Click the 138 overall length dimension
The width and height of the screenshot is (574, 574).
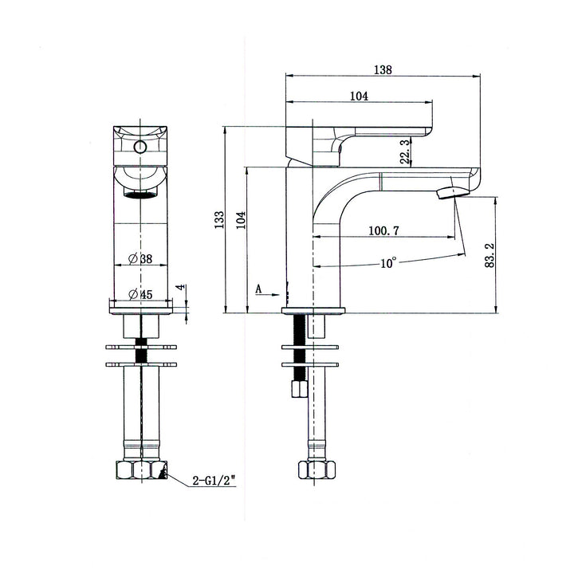click(x=383, y=69)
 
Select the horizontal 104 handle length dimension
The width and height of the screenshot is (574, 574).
click(x=358, y=96)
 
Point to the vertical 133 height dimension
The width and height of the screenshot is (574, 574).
click(x=218, y=219)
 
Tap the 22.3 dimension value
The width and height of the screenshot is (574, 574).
click(x=405, y=151)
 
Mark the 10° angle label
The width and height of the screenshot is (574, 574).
click(x=388, y=262)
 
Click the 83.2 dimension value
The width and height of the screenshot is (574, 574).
click(x=489, y=256)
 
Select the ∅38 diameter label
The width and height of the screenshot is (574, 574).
click(x=140, y=258)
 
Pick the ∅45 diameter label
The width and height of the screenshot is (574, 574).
click(x=140, y=293)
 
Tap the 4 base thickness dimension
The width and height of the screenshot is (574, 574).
click(x=180, y=287)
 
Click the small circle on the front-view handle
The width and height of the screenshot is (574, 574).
click(x=140, y=147)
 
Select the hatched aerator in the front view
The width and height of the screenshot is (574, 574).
click(x=141, y=194)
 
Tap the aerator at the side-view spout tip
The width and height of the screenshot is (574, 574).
click(x=451, y=191)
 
